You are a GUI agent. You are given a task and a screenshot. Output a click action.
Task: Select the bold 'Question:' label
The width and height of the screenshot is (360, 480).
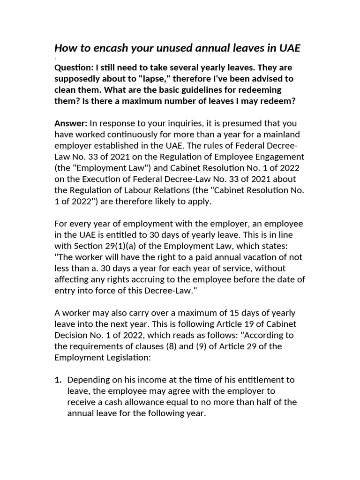click(73, 67)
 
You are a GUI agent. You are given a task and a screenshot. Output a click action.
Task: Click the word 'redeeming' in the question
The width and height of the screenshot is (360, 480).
click(259, 90)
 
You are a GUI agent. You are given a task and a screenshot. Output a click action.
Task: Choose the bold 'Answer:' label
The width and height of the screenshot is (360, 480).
click(71, 123)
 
